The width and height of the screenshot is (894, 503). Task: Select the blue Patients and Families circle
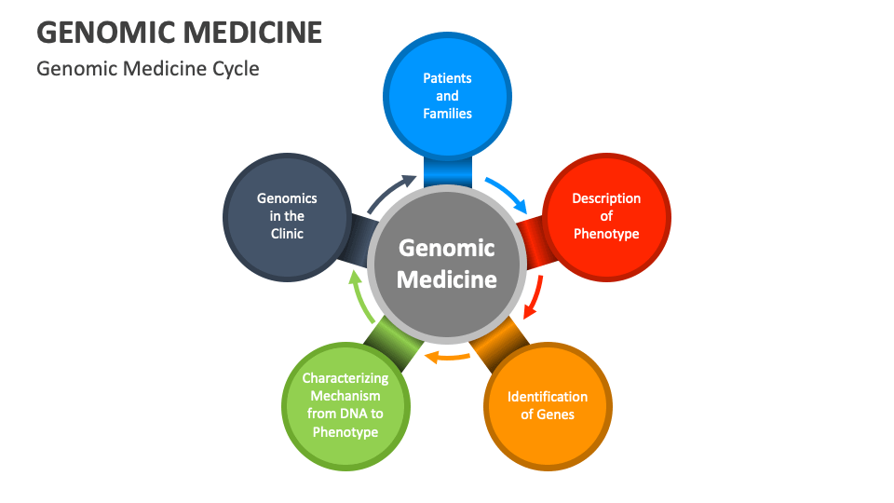tap(447, 93)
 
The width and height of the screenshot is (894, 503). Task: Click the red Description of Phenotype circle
tap(606, 216)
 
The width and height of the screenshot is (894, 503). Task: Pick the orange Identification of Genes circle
tap(548, 406)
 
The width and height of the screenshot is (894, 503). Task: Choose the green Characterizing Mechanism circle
tap(345, 406)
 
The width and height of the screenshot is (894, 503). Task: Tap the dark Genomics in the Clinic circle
tap(287, 216)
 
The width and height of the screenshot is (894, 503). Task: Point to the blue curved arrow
tap(507, 192)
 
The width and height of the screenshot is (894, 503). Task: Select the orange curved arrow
tap(447, 356)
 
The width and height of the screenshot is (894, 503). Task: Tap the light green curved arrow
tap(359, 296)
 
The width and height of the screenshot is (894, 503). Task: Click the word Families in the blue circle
tap(447, 114)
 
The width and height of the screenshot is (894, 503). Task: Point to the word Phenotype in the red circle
tap(606, 234)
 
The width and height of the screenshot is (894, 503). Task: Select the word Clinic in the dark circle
tap(287, 234)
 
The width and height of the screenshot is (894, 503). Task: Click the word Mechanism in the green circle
tap(345, 397)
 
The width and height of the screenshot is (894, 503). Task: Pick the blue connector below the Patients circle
tap(447, 170)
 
